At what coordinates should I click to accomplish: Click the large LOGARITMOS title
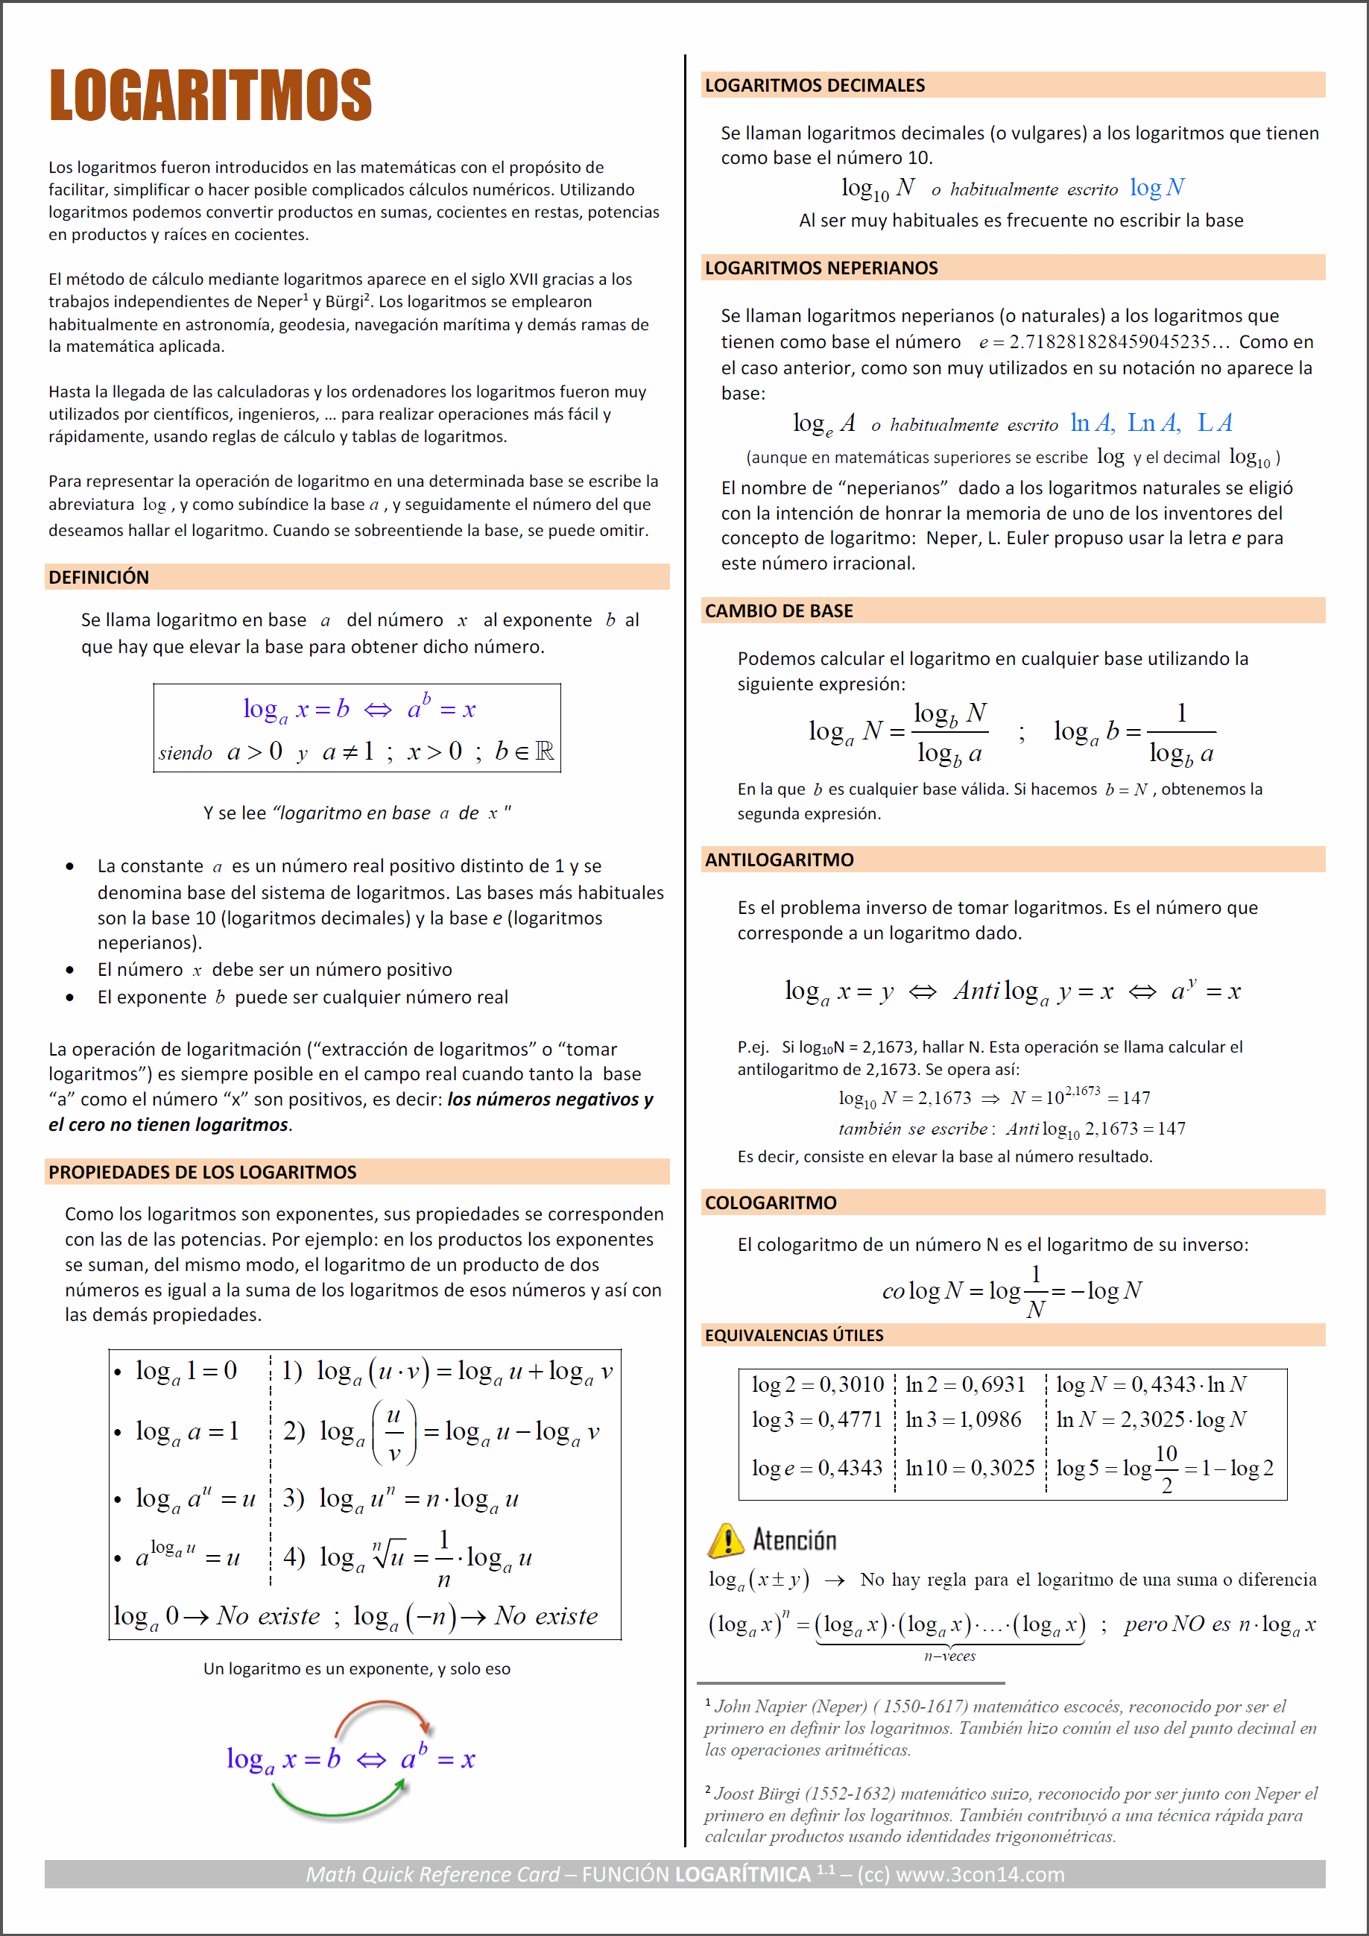(x=211, y=95)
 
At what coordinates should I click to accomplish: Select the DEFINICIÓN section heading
(x=98, y=578)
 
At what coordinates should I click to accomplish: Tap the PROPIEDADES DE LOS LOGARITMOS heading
(x=202, y=1172)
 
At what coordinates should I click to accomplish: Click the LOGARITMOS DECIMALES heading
(x=815, y=85)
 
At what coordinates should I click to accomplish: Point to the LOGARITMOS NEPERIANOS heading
(x=821, y=268)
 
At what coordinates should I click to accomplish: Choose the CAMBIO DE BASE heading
(x=779, y=611)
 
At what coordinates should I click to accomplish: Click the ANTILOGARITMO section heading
(x=779, y=860)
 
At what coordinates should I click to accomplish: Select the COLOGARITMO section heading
(x=771, y=1203)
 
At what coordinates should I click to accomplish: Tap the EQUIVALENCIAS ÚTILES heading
(x=794, y=1336)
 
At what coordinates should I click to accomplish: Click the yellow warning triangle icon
(x=726, y=1541)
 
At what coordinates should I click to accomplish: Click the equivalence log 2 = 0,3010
(x=817, y=1384)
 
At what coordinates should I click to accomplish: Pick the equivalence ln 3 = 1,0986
(x=963, y=1420)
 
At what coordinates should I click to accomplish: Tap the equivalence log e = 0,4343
(x=817, y=1468)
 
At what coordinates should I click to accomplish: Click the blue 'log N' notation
(x=1157, y=187)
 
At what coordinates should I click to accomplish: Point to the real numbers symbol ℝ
(x=545, y=751)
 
